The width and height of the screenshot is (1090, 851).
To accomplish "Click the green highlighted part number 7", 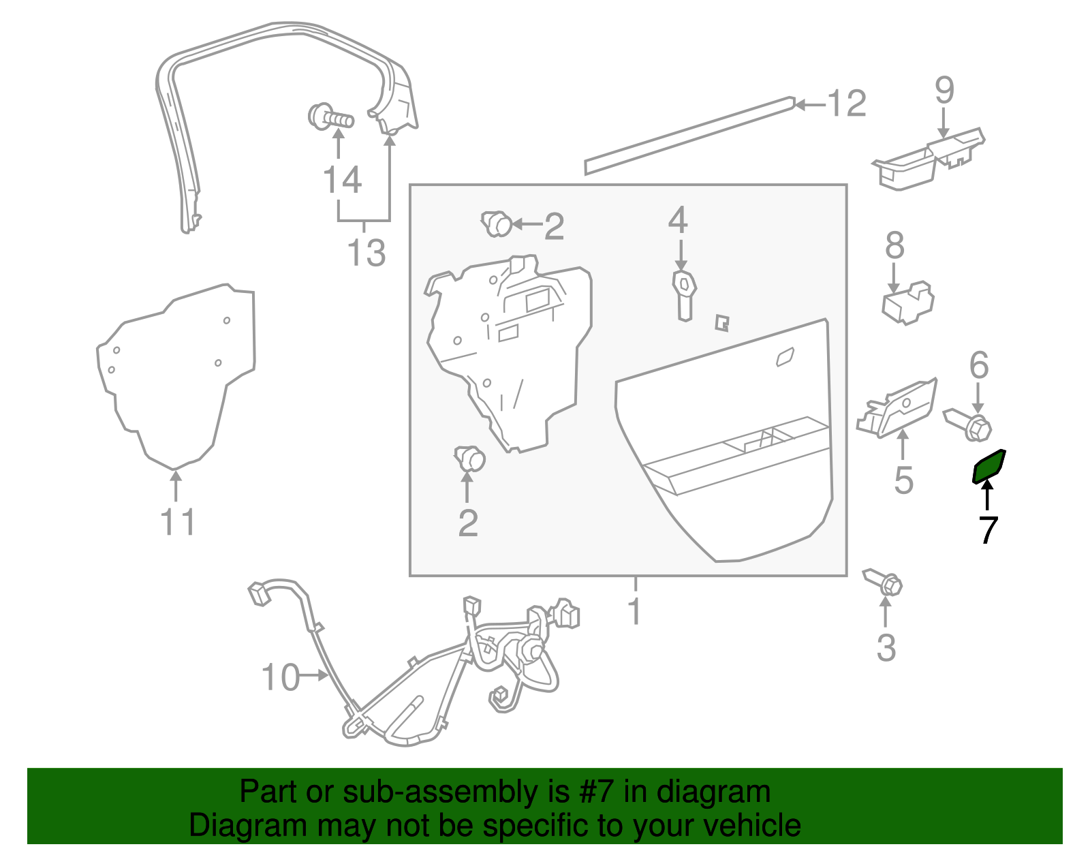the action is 988,466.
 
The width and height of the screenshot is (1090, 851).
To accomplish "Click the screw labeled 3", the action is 883,583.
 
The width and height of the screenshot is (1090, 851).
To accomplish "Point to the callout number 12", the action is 847,104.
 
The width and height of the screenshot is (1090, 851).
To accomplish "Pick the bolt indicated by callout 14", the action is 330,117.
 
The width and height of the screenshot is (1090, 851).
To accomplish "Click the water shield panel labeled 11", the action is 176,376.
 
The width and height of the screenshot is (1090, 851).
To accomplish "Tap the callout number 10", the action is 281,677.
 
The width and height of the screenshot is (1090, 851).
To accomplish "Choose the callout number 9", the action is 944,90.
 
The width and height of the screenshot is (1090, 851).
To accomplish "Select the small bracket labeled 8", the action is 908,303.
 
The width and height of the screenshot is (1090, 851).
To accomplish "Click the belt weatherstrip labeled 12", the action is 690,136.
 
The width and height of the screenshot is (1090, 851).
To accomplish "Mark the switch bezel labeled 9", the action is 928,158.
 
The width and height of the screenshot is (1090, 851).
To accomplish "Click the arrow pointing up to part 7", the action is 988,495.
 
